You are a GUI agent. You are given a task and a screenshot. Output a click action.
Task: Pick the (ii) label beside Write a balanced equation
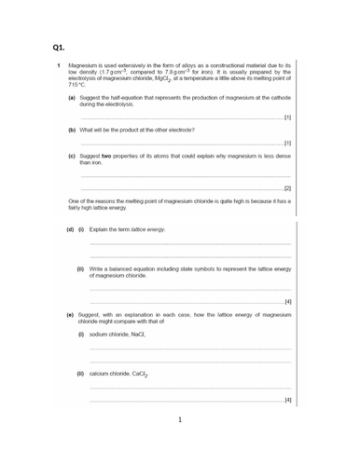coord(81,268)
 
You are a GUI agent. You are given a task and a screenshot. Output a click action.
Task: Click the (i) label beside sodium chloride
coord(81,334)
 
